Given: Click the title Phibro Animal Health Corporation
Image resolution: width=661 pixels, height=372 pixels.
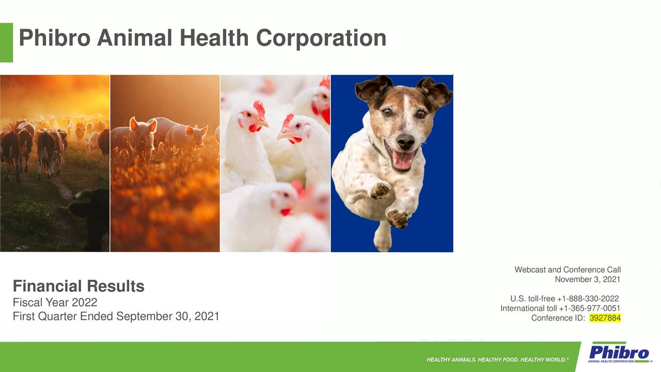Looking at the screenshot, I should pyautogui.click(x=202, y=38).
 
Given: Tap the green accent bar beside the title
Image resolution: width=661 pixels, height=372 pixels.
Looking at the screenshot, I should pyautogui.click(x=6, y=42).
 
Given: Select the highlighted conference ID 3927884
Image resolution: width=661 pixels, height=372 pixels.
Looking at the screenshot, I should pyautogui.click(x=605, y=318).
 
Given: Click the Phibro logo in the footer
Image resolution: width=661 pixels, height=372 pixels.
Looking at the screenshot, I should pyautogui.click(x=619, y=353).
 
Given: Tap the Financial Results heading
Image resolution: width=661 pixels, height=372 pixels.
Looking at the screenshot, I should pyautogui.click(x=78, y=286).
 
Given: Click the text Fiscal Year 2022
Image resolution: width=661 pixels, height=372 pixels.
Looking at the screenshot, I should pyautogui.click(x=55, y=302).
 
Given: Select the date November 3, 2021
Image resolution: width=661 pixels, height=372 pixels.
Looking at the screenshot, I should pyautogui.click(x=587, y=280).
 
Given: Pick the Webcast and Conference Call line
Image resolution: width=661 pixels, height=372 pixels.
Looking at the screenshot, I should pyautogui.click(x=568, y=270).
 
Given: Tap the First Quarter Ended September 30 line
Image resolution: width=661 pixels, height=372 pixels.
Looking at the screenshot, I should pyautogui.click(x=116, y=316).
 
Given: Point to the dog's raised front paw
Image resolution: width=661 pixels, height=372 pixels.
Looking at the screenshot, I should pyautogui.click(x=380, y=190).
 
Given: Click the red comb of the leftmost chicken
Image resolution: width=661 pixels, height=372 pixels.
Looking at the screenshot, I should pyautogui.click(x=259, y=107).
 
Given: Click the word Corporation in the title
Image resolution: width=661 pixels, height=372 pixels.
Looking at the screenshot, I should pyautogui.click(x=321, y=38).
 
